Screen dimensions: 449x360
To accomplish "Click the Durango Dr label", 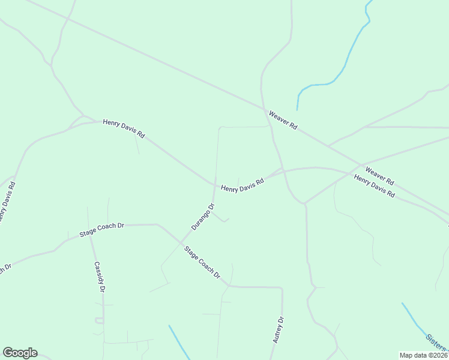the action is click(x=203, y=217).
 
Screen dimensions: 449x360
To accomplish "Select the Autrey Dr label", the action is click(x=277, y=330).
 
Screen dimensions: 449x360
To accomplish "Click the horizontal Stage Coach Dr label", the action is click(x=101, y=229).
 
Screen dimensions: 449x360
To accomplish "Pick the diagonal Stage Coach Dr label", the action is click(x=202, y=263).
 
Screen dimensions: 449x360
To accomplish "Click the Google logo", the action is click(x=20, y=353).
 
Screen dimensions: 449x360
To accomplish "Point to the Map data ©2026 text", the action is click(x=423, y=355).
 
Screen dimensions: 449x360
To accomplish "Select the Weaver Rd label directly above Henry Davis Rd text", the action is click(x=379, y=176).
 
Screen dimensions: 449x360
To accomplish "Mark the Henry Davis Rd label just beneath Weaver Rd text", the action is click(x=375, y=187).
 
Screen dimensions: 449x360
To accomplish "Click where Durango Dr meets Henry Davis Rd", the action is click(x=214, y=184).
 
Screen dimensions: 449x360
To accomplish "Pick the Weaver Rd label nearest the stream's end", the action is click(x=283, y=119).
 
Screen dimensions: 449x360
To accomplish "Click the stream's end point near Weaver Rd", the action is click(x=298, y=110).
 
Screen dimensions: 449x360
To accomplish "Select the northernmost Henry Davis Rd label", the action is click(x=124, y=128).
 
